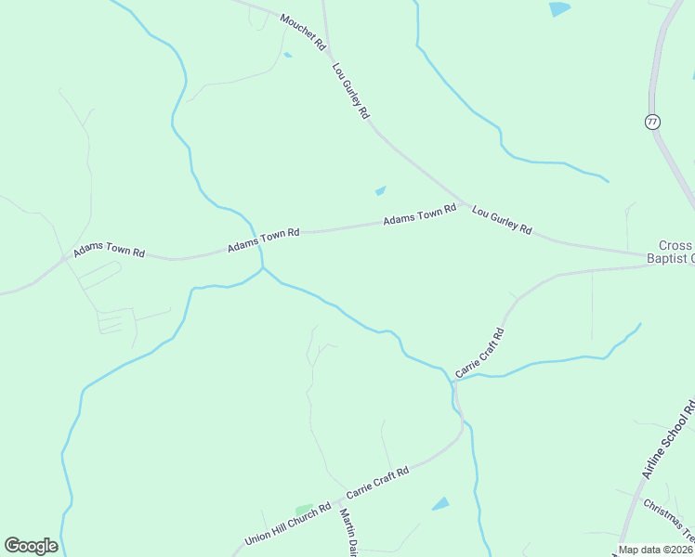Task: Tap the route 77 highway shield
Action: [x=652, y=122]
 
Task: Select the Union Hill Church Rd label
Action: [x=288, y=525]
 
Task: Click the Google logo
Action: [x=31, y=546]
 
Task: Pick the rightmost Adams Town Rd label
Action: [x=420, y=214]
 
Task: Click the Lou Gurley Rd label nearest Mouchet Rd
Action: [x=350, y=90]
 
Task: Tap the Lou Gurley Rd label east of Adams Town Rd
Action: [x=502, y=219]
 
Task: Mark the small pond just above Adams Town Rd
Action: [x=380, y=191]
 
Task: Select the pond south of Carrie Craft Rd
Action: [x=440, y=504]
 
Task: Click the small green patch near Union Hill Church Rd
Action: [x=304, y=510]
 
